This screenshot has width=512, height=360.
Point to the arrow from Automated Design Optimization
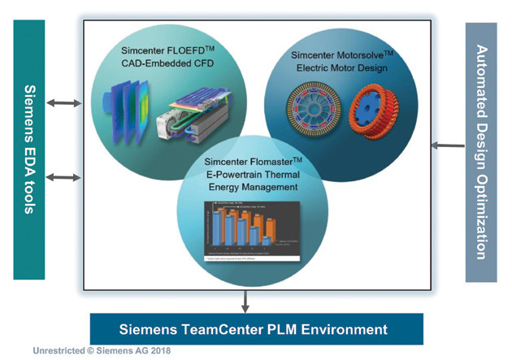click(448, 145)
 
